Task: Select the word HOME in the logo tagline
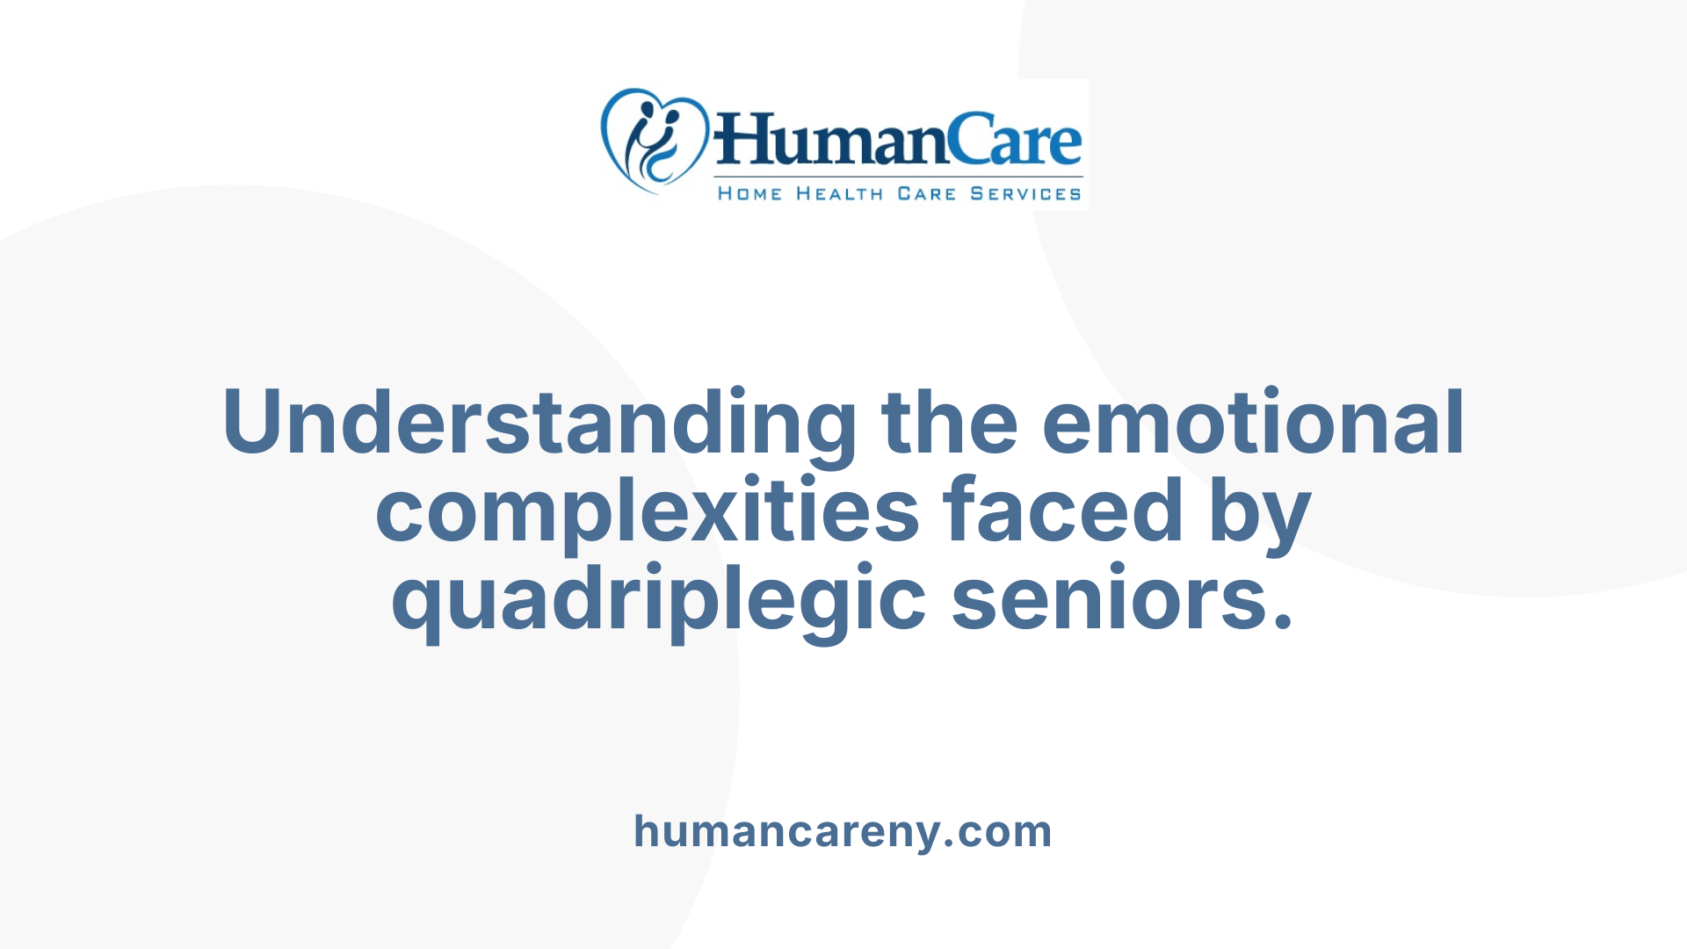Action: coord(749,193)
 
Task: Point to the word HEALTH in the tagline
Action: coord(839,193)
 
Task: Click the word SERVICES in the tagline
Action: coord(1025,193)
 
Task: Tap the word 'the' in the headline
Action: coord(949,424)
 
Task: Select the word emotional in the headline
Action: coord(1253,424)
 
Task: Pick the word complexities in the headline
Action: coord(648,512)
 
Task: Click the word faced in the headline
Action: coord(1063,512)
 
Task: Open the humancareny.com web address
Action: coord(843,831)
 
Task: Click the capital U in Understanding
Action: coord(257,424)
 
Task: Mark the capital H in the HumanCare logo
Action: coord(742,141)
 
